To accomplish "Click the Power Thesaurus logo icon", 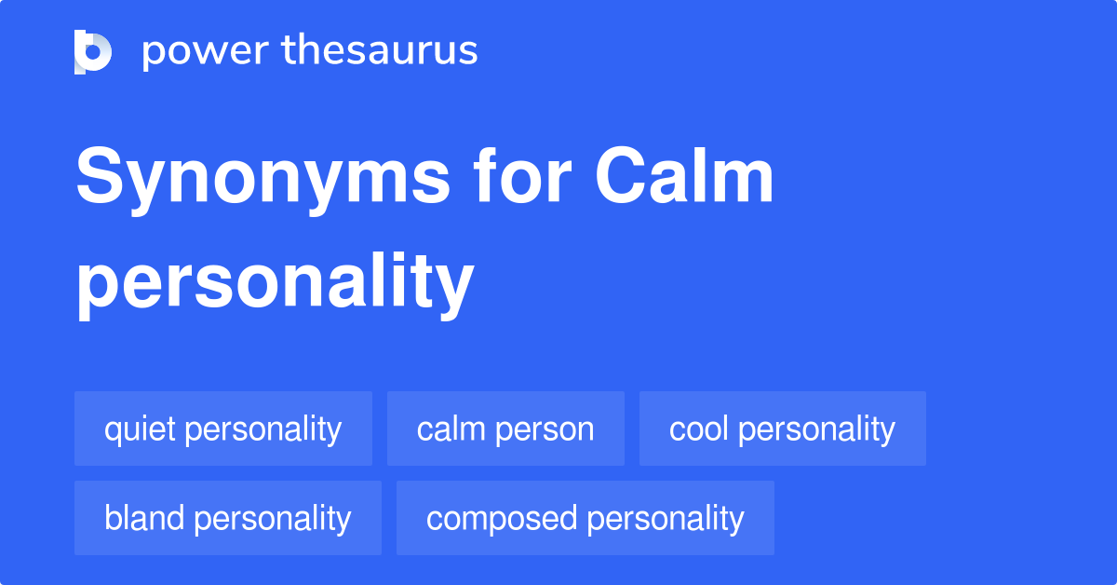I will click(93, 51).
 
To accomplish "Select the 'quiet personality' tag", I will click(223, 429).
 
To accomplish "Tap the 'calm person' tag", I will click(505, 429).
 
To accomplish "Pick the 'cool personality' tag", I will click(782, 429).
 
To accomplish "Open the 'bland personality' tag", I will click(228, 518).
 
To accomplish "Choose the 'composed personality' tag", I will click(585, 518).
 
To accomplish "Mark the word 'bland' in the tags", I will click(144, 518).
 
